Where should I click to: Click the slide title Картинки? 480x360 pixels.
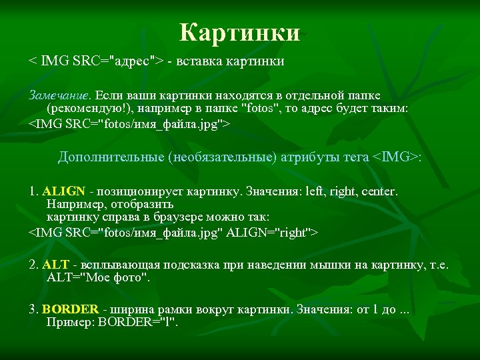tap(240, 32)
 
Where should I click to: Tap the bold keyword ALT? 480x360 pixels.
tap(51, 264)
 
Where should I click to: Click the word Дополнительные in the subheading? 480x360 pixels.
tap(111, 157)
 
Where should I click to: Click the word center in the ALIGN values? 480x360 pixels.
tap(379, 192)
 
